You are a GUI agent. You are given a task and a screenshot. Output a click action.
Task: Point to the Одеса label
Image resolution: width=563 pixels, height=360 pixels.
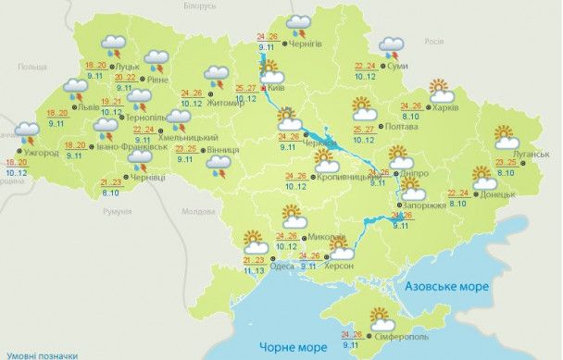(281, 267)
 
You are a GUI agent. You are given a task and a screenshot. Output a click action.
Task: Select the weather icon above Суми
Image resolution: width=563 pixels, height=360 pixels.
(393, 46)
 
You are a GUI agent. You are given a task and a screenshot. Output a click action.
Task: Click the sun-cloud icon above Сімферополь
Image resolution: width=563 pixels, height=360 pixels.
(380, 318)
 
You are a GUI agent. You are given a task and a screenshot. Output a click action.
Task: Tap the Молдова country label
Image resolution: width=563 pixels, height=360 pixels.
(198, 212)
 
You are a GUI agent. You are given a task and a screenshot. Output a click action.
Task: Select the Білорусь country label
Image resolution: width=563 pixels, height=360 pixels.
(199, 6)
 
